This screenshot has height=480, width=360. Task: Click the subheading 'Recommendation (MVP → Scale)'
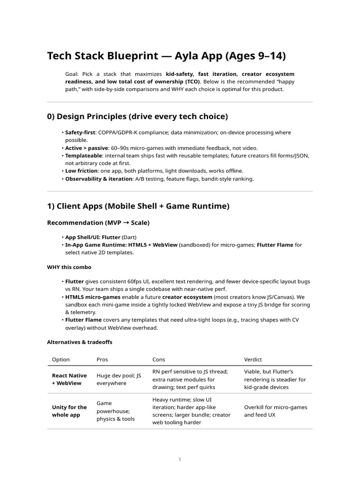click(98, 223)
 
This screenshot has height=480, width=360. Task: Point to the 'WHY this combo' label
click(69, 267)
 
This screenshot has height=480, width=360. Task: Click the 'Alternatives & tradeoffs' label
click(80, 342)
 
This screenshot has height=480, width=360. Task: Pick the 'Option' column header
click(60, 360)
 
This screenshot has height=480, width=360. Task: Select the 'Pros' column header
click(102, 360)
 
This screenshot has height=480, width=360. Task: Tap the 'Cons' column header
click(159, 360)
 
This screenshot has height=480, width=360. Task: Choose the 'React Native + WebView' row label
click(69, 379)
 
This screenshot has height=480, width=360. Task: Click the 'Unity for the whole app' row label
click(69, 411)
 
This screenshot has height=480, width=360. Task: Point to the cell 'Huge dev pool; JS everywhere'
click(119, 379)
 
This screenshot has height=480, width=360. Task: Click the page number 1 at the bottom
click(180, 460)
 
